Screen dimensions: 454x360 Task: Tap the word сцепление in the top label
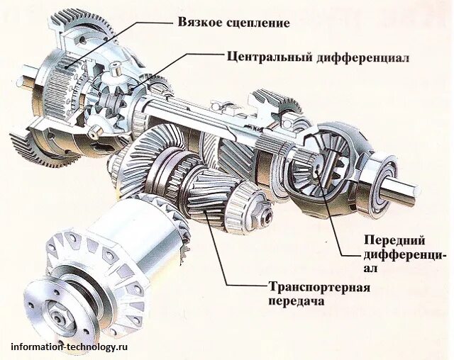point(256,23)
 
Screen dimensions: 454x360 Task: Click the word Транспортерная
point(320,287)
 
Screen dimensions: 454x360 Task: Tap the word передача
point(297,300)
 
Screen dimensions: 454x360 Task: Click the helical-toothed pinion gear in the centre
point(202,188)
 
